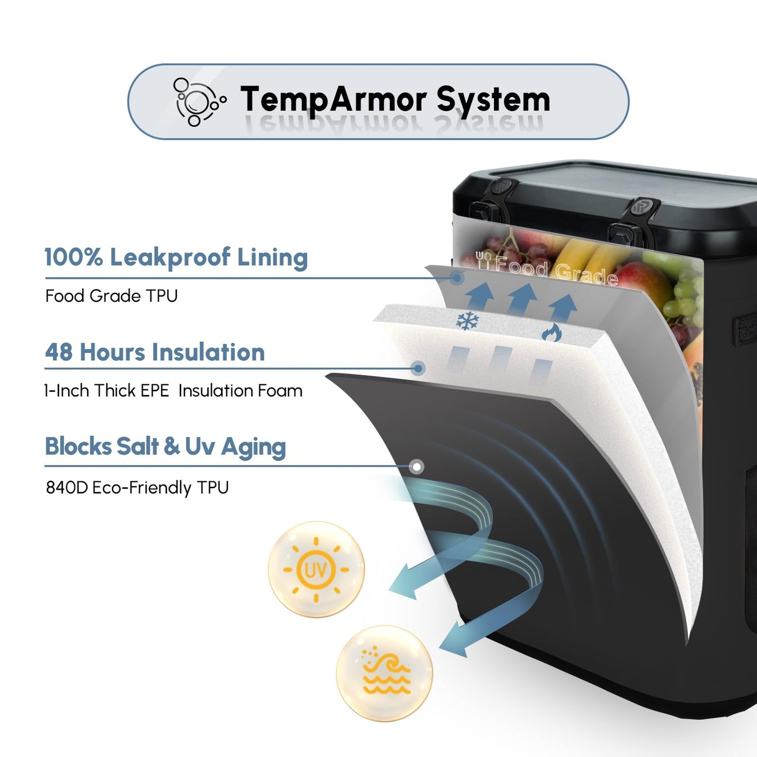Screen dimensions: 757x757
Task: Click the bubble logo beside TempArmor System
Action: pos(200,102)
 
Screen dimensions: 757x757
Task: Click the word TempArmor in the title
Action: pos(333,100)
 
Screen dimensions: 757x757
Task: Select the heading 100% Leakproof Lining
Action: pos(176,257)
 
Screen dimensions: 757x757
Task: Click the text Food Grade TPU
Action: pos(112,296)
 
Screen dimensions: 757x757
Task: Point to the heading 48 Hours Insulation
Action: pos(155,352)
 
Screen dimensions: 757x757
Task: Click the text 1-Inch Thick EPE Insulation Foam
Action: pos(173,391)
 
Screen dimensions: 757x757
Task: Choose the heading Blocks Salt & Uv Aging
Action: pos(166,447)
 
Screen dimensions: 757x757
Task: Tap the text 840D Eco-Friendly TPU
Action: pos(137,488)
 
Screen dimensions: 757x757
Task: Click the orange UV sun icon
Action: pos(316,569)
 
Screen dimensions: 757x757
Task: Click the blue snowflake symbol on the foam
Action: pos(467,321)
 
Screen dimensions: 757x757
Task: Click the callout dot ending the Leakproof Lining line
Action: pos(456,278)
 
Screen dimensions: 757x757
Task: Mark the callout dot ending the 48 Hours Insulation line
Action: pos(419,368)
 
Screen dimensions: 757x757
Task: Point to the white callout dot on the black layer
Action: pos(417,467)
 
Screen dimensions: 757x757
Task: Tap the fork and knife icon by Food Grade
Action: pos(483,260)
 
